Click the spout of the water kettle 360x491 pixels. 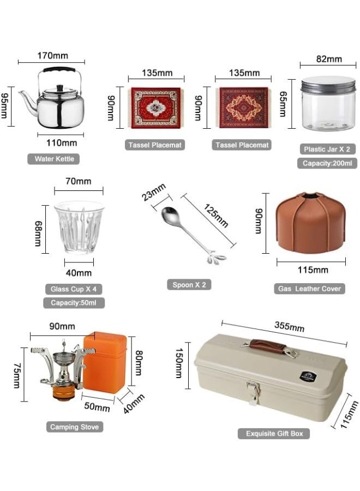pyautogui.click(x=25, y=100)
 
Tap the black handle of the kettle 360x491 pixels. pyautogui.click(x=60, y=70)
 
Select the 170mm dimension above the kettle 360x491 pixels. pyautogui.click(x=53, y=55)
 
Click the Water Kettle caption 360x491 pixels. pyautogui.click(x=53, y=159)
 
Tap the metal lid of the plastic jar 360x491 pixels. pyautogui.click(x=328, y=83)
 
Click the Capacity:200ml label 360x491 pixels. pyautogui.click(x=327, y=163)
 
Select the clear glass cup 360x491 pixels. pyautogui.click(x=79, y=227)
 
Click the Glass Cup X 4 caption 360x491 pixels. pyautogui.click(x=74, y=289)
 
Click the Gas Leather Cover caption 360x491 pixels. pyautogui.click(x=309, y=289)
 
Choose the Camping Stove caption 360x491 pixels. pyautogui.click(x=75, y=427)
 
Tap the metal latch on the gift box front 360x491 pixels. pyautogui.click(x=253, y=391)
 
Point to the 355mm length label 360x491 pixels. pyautogui.click(x=289, y=327)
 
